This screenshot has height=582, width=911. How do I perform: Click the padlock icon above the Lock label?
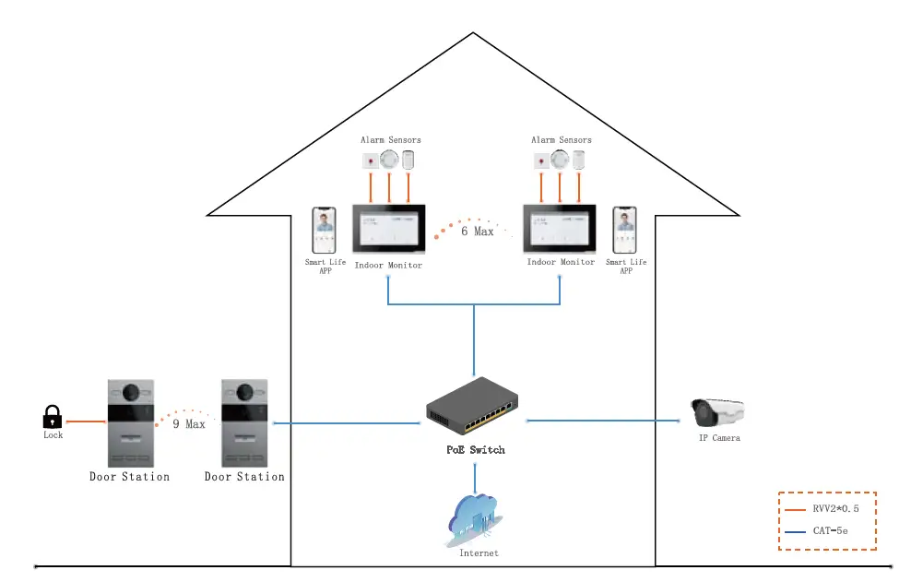pyautogui.click(x=53, y=416)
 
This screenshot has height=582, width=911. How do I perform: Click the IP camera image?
pyautogui.click(x=717, y=412)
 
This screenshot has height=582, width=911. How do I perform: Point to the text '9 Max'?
pyautogui.click(x=188, y=424)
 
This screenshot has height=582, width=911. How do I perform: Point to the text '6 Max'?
pyautogui.click(x=478, y=232)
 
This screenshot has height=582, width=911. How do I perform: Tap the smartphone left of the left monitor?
pyautogui.click(x=324, y=231)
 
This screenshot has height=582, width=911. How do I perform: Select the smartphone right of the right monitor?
pyautogui.click(x=625, y=231)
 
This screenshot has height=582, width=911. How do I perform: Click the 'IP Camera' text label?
pyautogui.click(x=718, y=438)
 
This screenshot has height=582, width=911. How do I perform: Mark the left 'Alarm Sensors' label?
pyautogui.click(x=390, y=140)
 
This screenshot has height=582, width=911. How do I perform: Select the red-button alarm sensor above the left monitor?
pyautogui.click(x=371, y=161)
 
